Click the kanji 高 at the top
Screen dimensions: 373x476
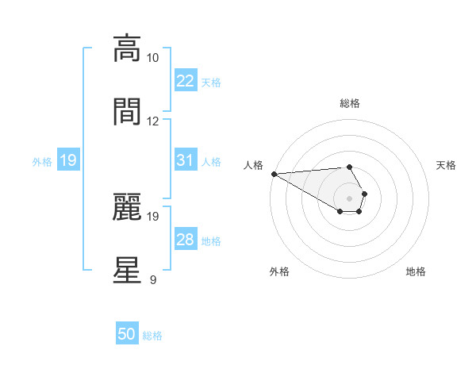click(127, 48)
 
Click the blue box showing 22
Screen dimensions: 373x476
click(185, 81)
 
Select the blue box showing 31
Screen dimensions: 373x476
click(185, 160)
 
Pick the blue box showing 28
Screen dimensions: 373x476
click(185, 240)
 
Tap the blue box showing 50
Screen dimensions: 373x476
click(127, 334)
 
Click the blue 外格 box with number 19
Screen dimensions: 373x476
click(68, 161)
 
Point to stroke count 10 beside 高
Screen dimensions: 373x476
click(153, 58)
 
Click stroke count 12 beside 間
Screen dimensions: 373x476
click(153, 121)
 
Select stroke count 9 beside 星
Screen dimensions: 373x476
click(153, 279)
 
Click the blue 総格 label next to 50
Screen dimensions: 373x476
click(152, 336)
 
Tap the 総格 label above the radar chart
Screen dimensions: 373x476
click(349, 103)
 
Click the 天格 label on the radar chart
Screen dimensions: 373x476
click(447, 165)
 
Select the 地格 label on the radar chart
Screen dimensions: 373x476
click(416, 272)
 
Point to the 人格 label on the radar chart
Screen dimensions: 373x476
click(253, 165)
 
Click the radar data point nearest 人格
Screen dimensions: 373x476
click(274, 174)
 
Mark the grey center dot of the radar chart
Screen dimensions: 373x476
click(349, 198)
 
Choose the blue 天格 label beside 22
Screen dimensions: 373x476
click(211, 82)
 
